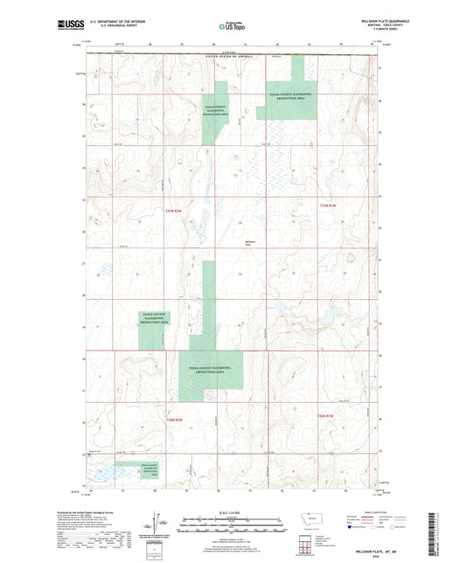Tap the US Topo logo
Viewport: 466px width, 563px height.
[226, 27]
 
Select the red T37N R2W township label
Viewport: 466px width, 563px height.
[326, 205]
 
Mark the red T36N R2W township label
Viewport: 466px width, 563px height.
[326, 414]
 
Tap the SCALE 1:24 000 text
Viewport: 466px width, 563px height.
[233, 512]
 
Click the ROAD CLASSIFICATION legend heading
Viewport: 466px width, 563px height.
[379, 512]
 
